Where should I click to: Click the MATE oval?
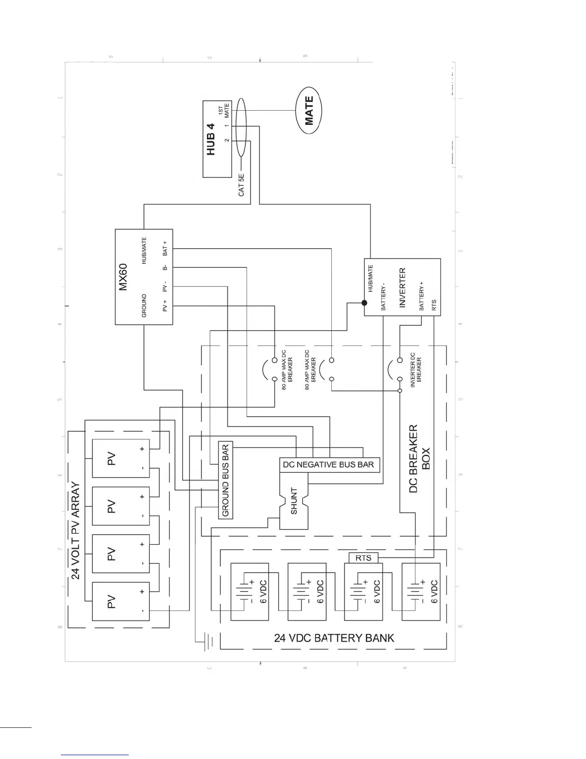[x=309, y=111]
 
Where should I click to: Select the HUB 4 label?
[x=211, y=139]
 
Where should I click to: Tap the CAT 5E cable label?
[x=241, y=185]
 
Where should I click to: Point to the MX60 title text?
[x=123, y=277]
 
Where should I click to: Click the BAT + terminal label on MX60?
[x=165, y=248]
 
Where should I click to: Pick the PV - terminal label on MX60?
[x=165, y=287]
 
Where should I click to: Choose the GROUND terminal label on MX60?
[x=144, y=306]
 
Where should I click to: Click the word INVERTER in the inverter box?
[x=402, y=287]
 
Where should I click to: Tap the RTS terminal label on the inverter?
[x=434, y=305]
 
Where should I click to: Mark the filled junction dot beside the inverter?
[x=364, y=303]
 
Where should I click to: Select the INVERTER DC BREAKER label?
[x=416, y=370]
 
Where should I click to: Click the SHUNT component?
[x=293, y=501]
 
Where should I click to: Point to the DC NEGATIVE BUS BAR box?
[x=329, y=465]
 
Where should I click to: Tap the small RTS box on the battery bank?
[x=363, y=558]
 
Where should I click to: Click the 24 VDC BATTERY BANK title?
[x=334, y=638]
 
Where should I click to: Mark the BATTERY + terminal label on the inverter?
[x=422, y=296]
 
